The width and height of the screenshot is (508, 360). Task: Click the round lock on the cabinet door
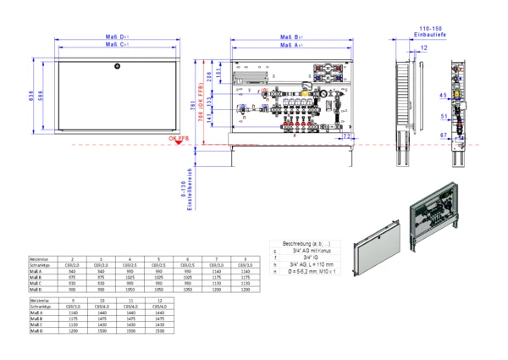point(118,67)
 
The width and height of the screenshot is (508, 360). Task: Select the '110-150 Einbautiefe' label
point(424,30)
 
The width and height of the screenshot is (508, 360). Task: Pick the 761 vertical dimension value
point(193,103)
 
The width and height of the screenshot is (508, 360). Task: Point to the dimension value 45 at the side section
point(443,95)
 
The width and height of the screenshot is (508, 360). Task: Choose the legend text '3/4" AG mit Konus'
point(307,251)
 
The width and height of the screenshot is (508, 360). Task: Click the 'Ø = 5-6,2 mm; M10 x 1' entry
point(307,273)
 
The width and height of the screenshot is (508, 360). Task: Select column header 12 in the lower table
point(159,300)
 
